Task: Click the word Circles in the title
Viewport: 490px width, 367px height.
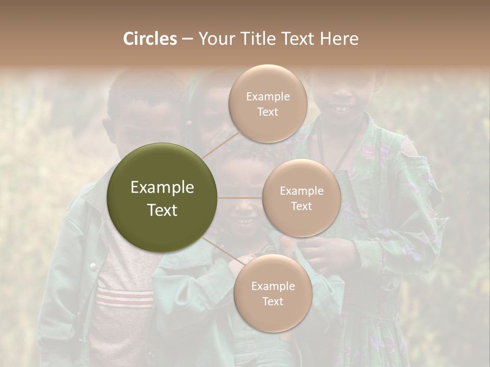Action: pyautogui.click(x=150, y=39)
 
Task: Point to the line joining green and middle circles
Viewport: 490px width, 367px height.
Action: pyautogui.click(x=240, y=197)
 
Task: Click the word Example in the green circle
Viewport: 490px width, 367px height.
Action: pyautogui.click(x=162, y=188)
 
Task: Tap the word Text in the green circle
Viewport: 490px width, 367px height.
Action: pyautogui.click(x=162, y=210)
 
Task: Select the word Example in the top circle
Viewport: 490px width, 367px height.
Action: pyautogui.click(x=267, y=97)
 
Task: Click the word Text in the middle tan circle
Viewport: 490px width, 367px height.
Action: pyautogui.click(x=301, y=206)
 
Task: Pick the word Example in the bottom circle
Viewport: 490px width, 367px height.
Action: pyautogui.click(x=273, y=286)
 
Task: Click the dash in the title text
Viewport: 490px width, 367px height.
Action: pyautogui.click(x=187, y=39)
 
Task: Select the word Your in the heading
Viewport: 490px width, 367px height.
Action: pyautogui.click(x=215, y=39)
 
